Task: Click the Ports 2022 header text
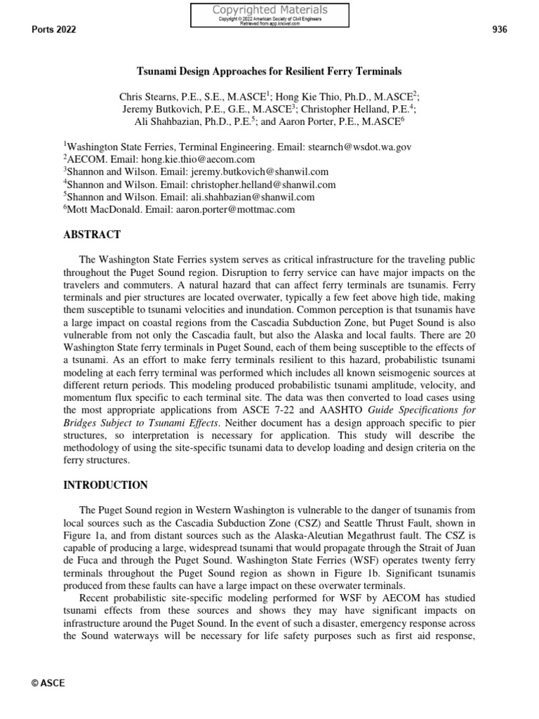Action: (54, 29)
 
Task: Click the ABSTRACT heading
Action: (92, 235)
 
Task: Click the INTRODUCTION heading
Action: (105, 485)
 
